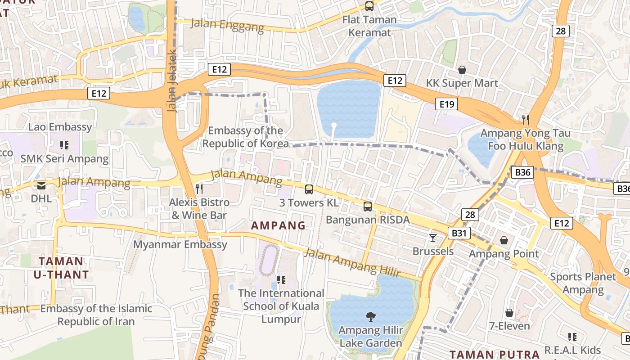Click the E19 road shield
(x=447, y=104)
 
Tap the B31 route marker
(x=459, y=233)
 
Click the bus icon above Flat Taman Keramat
(x=369, y=6)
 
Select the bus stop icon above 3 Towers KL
(x=309, y=189)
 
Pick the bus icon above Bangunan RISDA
(x=368, y=207)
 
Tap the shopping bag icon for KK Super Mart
(x=462, y=70)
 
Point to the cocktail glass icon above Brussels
(x=433, y=238)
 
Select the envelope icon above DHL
(x=41, y=185)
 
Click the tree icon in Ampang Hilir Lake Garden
(x=370, y=317)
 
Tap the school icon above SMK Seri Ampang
(x=64, y=145)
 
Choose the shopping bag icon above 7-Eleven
(x=509, y=312)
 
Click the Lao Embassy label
(x=60, y=127)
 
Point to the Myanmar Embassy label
(x=180, y=244)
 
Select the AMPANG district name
(x=278, y=225)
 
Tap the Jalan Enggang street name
(x=228, y=25)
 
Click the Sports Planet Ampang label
(x=583, y=283)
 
